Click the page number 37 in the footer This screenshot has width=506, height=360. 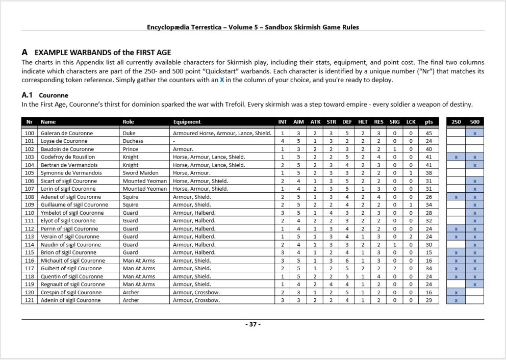pos(252,324)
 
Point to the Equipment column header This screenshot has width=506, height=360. pos(187,122)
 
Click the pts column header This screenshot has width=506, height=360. pos(428,122)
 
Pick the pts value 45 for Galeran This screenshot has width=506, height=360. pos(428,133)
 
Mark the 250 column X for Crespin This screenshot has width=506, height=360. pos(456,293)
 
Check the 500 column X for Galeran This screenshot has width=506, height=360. pos(475,133)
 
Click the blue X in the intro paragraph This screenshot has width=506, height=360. pos(222,81)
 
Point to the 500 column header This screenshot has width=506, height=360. pos(475,122)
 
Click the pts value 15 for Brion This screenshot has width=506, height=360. pos(428,252)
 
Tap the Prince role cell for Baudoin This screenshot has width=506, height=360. pos(130,149)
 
